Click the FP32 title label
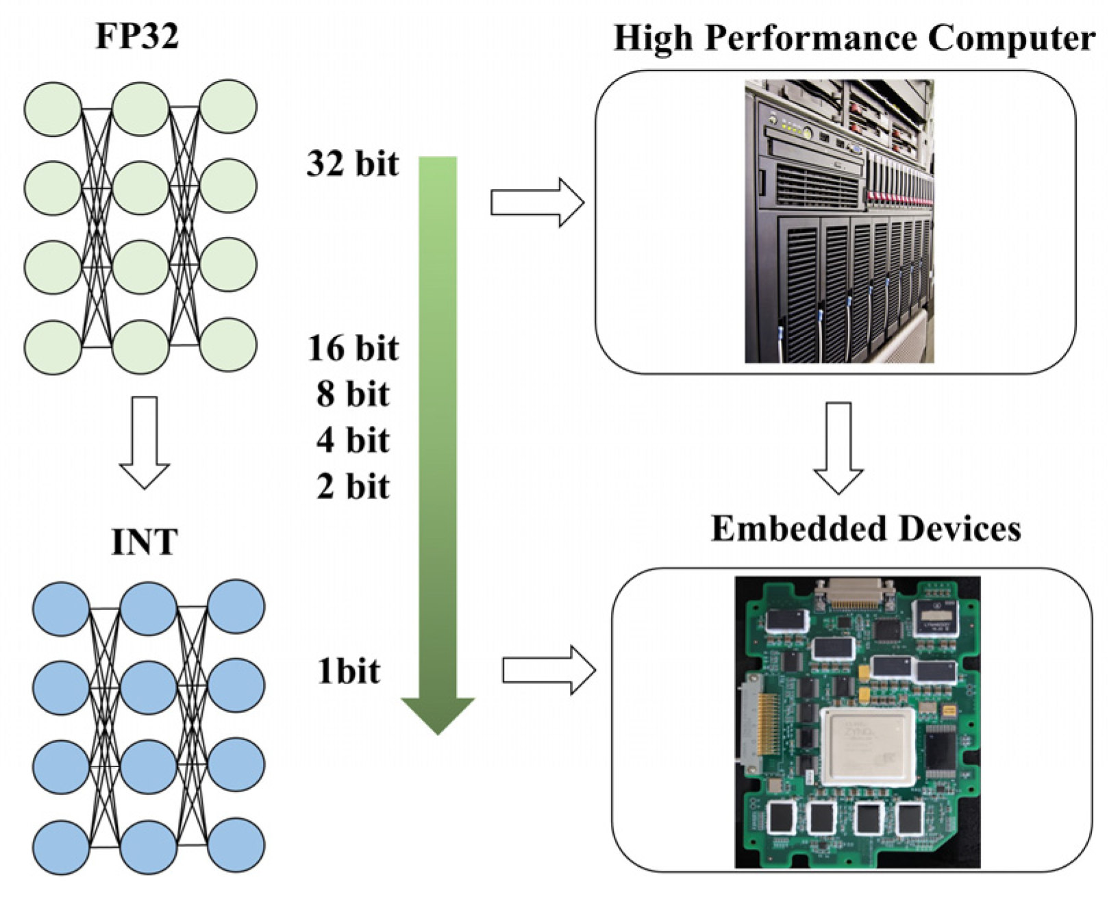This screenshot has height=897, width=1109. click(137, 36)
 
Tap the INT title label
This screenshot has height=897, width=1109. click(144, 542)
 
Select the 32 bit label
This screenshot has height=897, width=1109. click(352, 164)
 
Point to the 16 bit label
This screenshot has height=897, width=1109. click(353, 349)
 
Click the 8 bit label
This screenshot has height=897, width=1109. click(353, 394)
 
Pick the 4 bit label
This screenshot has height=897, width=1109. click(353, 440)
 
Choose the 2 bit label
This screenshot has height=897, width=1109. click(353, 487)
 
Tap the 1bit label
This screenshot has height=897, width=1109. click(348, 671)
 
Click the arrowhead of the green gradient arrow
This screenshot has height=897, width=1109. click(438, 716)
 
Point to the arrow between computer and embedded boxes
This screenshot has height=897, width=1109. click(838, 448)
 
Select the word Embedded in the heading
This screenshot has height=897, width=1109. click(791, 529)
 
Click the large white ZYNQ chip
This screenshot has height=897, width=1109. click(869, 747)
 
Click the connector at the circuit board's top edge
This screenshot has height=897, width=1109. click(858, 593)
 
